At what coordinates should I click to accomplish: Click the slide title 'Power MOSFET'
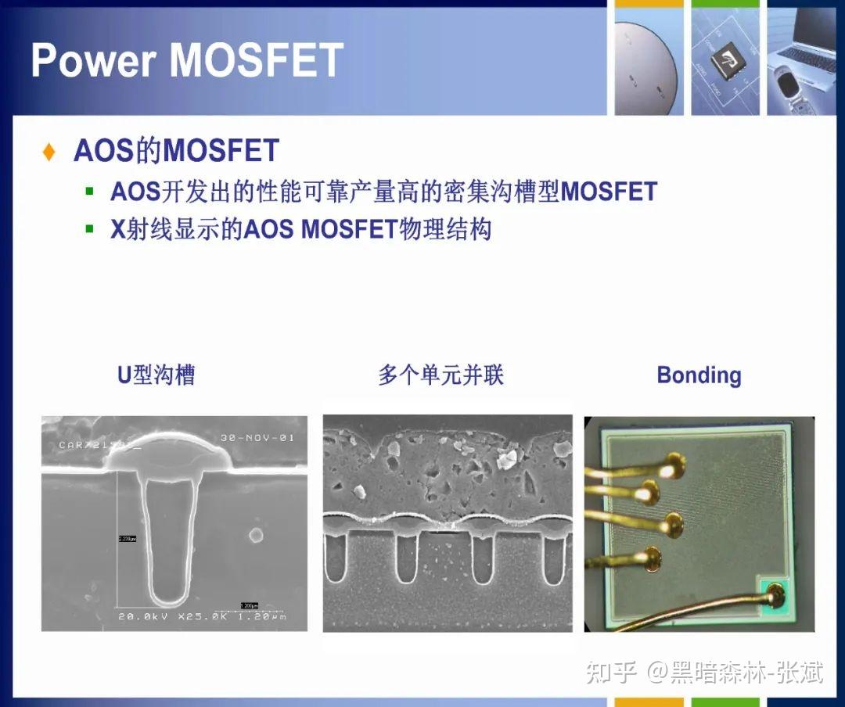(x=187, y=59)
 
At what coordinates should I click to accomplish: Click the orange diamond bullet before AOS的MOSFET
(x=49, y=152)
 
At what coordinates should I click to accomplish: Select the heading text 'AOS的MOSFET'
(x=176, y=151)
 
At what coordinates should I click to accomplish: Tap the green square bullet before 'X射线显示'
(x=90, y=229)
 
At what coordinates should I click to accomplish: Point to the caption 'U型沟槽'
(x=156, y=375)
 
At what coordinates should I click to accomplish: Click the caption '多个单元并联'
(x=440, y=375)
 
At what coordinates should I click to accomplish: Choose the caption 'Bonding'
(x=699, y=375)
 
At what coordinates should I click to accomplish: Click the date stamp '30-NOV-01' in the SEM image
(x=257, y=437)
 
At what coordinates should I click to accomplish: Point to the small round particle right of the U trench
(x=255, y=536)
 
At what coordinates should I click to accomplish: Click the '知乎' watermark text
(x=612, y=671)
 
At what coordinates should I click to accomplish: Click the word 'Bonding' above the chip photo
(x=699, y=375)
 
